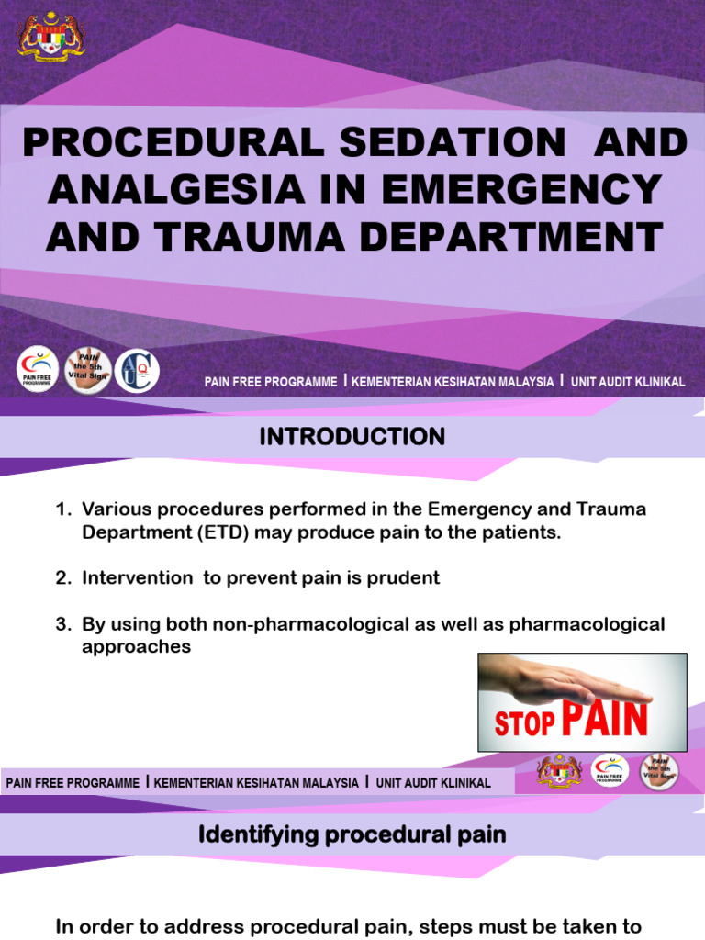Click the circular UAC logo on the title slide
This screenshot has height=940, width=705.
[137, 371]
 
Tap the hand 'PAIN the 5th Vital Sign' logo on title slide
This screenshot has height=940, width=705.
[88, 371]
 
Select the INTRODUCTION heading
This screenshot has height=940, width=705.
[352, 436]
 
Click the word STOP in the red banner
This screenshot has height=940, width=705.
[524, 723]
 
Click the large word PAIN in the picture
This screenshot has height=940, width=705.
[604, 720]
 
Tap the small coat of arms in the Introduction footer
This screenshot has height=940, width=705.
[559, 771]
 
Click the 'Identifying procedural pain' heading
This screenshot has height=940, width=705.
[352, 834]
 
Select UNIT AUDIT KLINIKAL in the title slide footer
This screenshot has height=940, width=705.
[628, 382]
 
